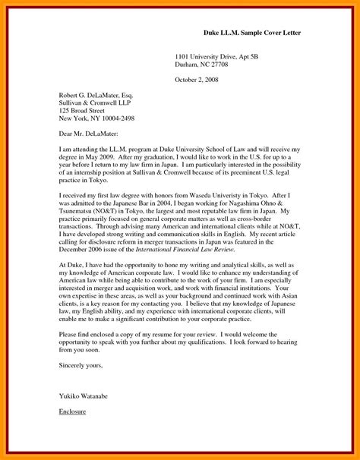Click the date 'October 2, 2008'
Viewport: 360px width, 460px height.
pos(197,80)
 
